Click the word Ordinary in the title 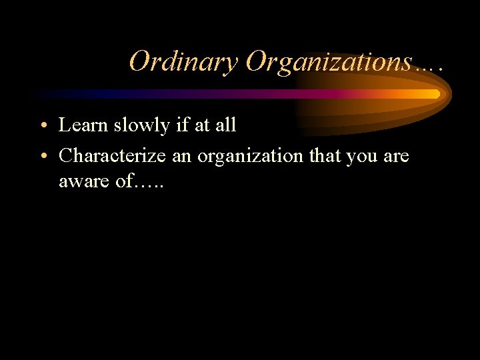pos(183,62)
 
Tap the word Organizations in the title pos(328,62)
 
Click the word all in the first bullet pos(225,125)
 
